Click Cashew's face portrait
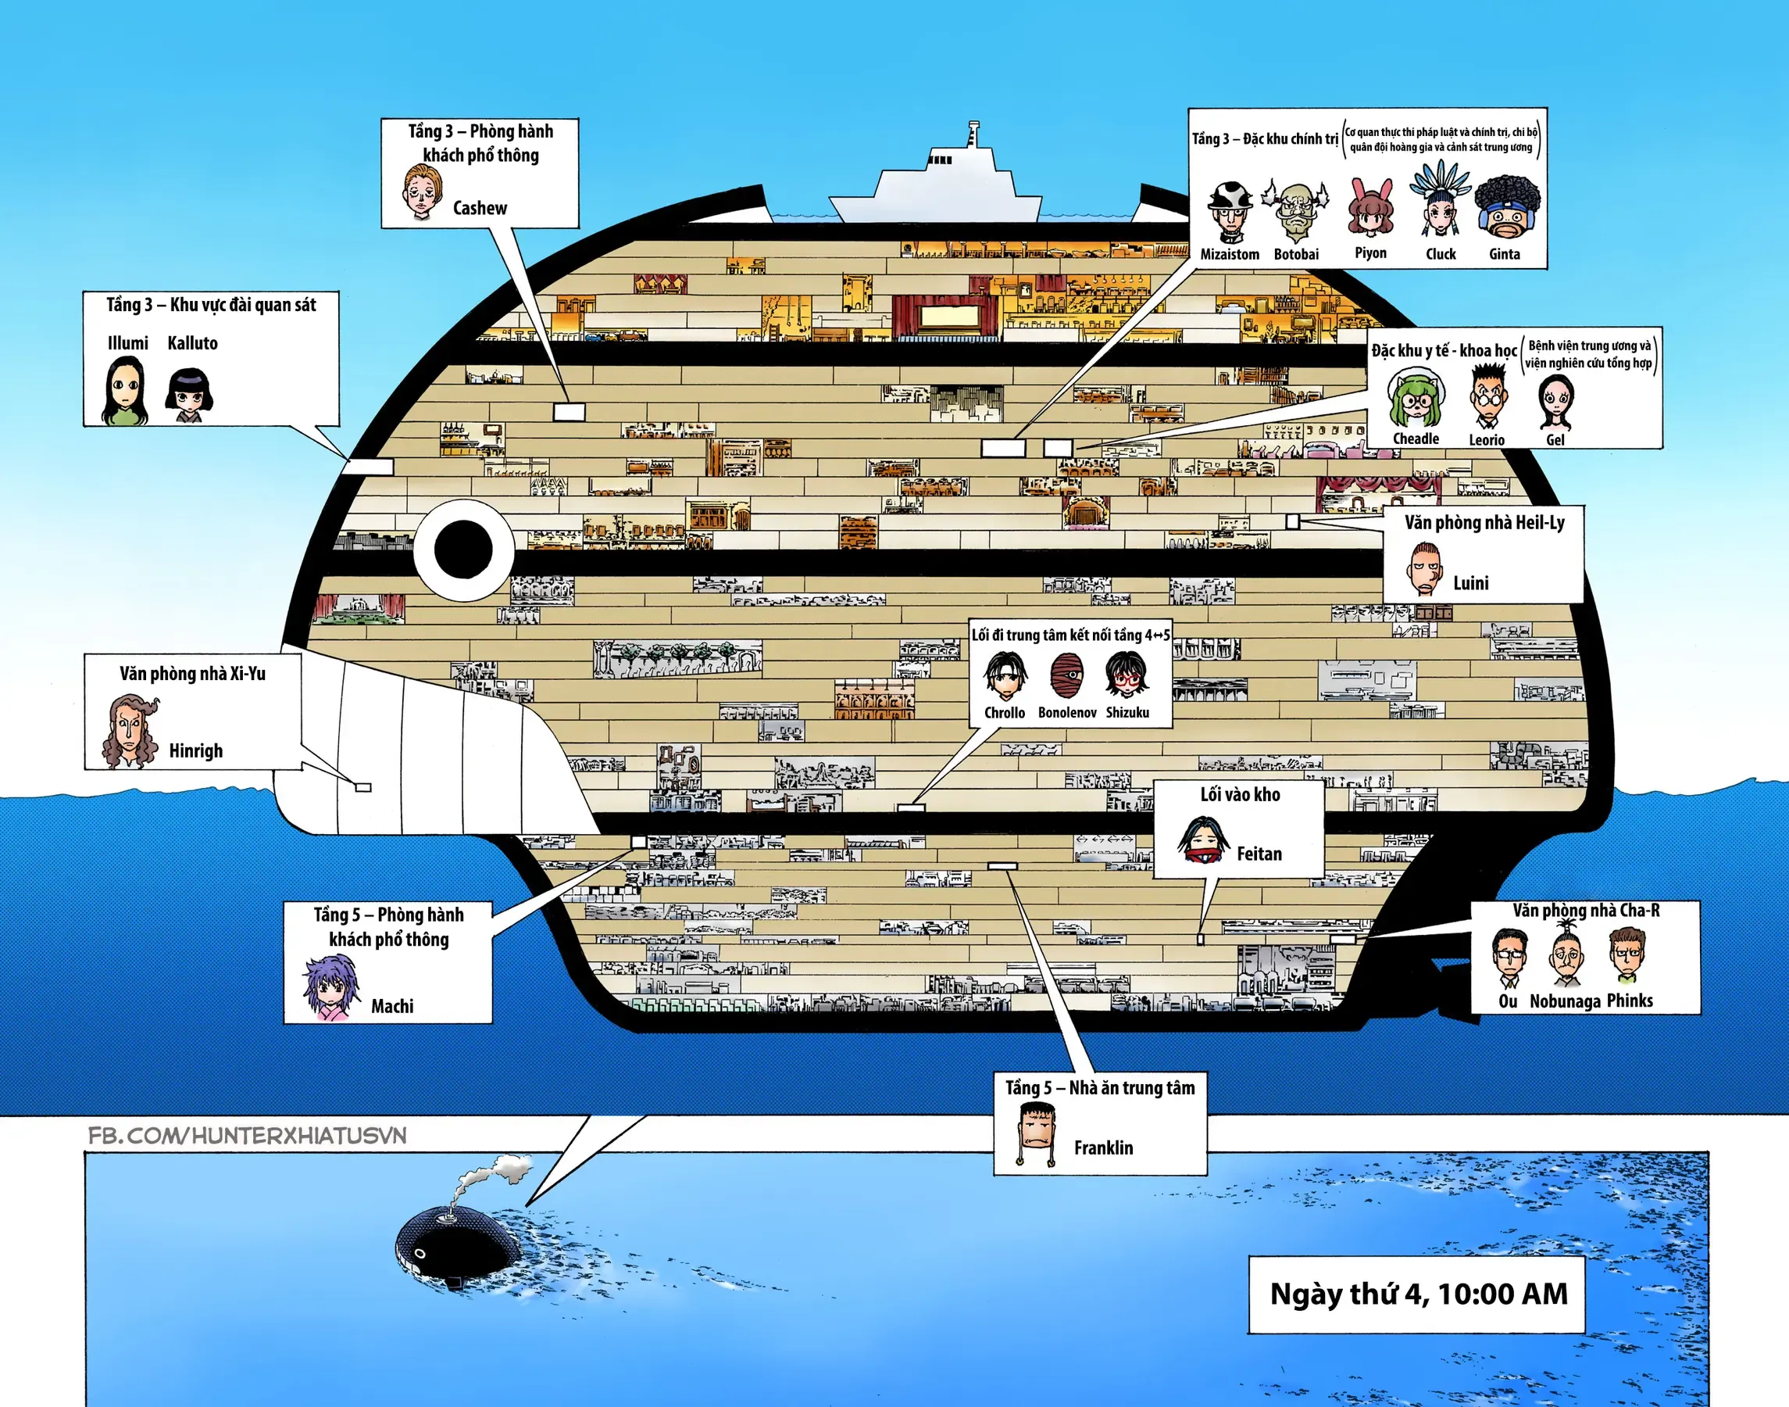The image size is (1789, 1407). click(422, 193)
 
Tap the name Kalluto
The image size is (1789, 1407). click(193, 343)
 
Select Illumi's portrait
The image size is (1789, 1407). click(125, 392)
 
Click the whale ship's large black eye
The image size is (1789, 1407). click(463, 550)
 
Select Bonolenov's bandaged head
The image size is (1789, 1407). click(1067, 675)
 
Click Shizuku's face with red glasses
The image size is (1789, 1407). click(1127, 675)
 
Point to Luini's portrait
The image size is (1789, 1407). click(1424, 568)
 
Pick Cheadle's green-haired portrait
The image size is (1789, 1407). click(1416, 400)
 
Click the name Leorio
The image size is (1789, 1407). click(1487, 440)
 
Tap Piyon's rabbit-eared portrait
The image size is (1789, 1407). click(1370, 209)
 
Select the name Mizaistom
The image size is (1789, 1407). click(1229, 255)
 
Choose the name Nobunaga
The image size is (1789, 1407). click(1565, 1001)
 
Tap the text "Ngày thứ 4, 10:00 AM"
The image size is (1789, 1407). click(1419, 1294)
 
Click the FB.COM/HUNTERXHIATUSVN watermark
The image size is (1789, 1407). click(247, 1135)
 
